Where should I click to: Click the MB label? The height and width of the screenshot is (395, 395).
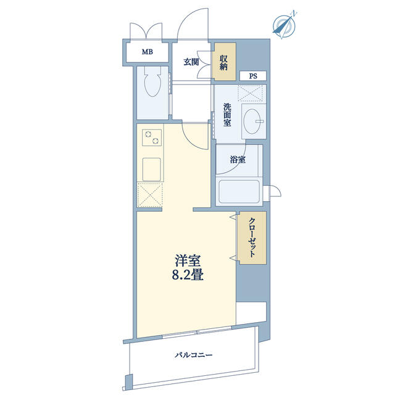pyautogui.click(x=147, y=52)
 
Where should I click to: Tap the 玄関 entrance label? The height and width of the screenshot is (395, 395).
pyautogui.click(x=191, y=62)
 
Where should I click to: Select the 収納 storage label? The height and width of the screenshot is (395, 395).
pyautogui.click(x=223, y=63)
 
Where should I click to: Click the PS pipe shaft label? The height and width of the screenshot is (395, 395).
pyautogui.click(x=253, y=76)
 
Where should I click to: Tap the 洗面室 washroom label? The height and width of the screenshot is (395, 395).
pyautogui.click(x=227, y=115)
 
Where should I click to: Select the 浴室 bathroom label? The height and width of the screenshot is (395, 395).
pyautogui.click(x=238, y=159)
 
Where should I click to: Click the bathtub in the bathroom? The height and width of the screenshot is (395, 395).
pyautogui.click(x=239, y=191)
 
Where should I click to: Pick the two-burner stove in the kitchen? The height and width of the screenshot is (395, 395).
pyautogui.click(x=152, y=137)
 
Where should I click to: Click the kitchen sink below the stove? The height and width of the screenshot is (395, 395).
pyautogui.click(x=151, y=169)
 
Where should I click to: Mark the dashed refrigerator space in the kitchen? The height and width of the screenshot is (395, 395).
pyautogui.click(x=150, y=195)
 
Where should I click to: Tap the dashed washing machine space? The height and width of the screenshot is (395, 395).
pyautogui.click(x=252, y=93)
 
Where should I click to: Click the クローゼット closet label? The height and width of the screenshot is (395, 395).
pyautogui.click(x=252, y=238)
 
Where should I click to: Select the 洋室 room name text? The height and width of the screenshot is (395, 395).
pyautogui.click(x=188, y=260)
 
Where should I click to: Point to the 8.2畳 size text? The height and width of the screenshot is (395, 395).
pyautogui.click(x=188, y=275)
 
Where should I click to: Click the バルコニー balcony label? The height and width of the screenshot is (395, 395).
pyautogui.click(x=194, y=355)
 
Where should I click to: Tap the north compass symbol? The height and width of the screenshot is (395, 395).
pyautogui.click(x=285, y=25)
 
